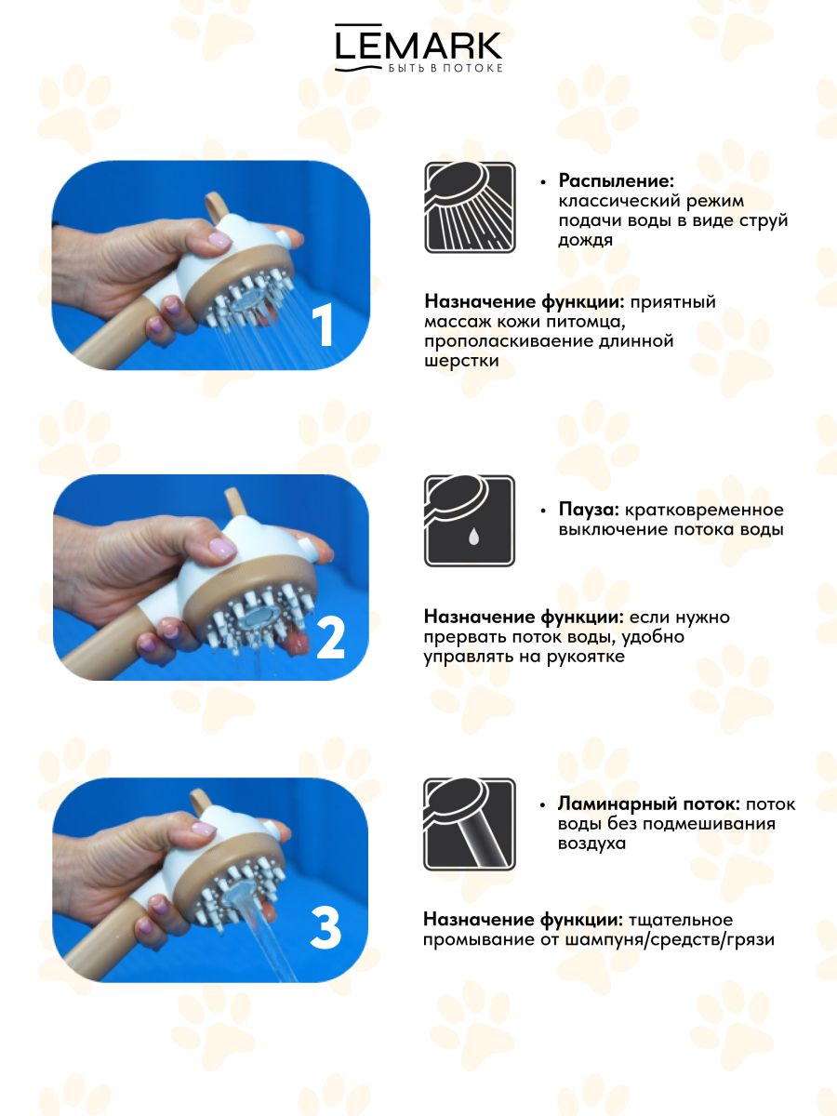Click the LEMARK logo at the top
(x=418, y=47)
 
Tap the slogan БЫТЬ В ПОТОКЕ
(x=445, y=68)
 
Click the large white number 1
(x=322, y=325)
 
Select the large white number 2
(x=330, y=639)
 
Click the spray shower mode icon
(x=470, y=207)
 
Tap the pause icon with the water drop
(x=470, y=521)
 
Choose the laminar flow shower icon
(x=470, y=824)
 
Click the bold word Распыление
(x=616, y=180)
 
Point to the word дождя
(x=586, y=241)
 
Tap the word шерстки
(x=461, y=361)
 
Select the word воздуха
(x=591, y=844)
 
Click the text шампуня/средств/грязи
(x=670, y=939)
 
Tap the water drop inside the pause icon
(x=473, y=537)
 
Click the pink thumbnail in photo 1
(x=219, y=240)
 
